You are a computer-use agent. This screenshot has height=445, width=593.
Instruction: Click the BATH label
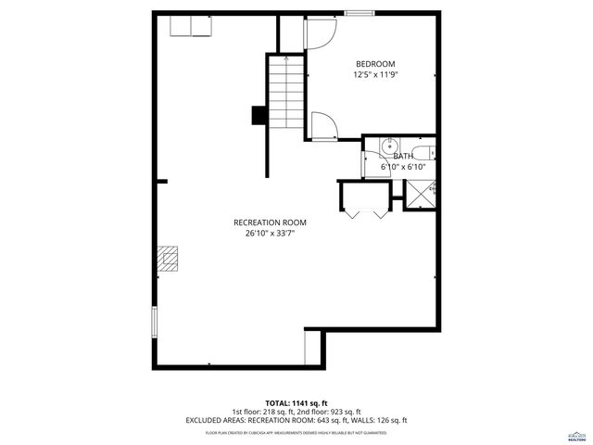pyautogui.click(x=403, y=156)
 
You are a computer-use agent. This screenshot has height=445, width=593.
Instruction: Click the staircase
pyautogui.click(x=287, y=93)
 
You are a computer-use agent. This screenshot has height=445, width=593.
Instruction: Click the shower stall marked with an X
pyautogui.click(x=422, y=193)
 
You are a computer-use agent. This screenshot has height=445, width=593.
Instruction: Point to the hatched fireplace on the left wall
pyautogui.click(x=167, y=259)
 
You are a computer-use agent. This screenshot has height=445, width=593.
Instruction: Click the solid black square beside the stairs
pyautogui.click(x=259, y=115)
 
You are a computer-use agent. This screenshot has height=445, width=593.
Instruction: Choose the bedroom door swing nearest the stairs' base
pyautogui.click(x=323, y=126)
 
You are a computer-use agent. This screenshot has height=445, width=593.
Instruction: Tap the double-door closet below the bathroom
pyautogui.click(x=366, y=200)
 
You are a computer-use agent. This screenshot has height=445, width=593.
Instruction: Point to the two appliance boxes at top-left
pyautogui.click(x=191, y=25)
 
